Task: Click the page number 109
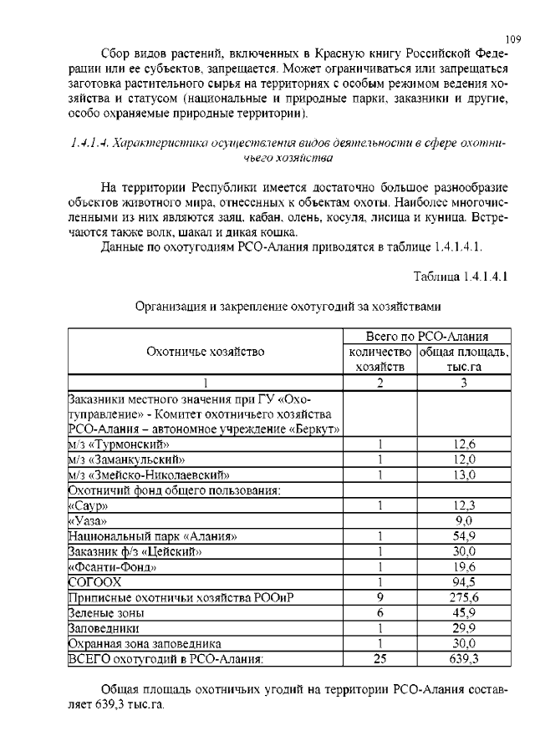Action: click(x=513, y=38)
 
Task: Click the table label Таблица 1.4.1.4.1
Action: click(x=461, y=275)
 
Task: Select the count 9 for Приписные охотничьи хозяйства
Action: click(x=380, y=597)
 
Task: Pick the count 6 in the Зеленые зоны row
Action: click(x=380, y=612)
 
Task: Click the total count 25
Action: click(x=380, y=659)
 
